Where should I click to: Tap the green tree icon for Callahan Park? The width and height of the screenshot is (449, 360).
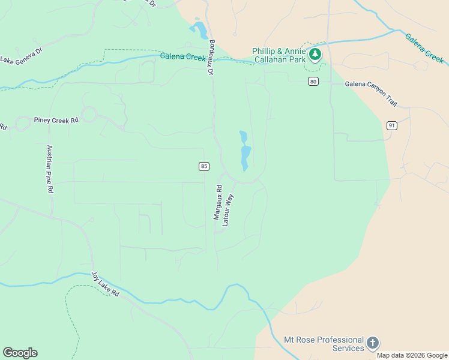(x=315, y=55)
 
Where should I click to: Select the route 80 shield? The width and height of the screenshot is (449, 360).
(x=313, y=82)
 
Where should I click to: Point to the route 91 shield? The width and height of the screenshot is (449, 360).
(x=392, y=125)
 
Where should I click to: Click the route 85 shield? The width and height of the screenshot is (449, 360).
(x=205, y=166)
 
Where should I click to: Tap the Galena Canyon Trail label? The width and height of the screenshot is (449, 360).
(x=371, y=94)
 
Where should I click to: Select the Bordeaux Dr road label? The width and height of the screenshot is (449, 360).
(x=211, y=58)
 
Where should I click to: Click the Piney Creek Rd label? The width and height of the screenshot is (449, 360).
(x=56, y=120)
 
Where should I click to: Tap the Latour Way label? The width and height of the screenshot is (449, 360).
(x=228, y=209)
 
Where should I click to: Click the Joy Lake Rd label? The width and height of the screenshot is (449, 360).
(x=106, y=285)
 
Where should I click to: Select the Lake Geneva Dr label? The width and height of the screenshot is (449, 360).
(x=22, y=56)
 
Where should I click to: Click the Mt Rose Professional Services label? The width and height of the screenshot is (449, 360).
(x=324, y=344)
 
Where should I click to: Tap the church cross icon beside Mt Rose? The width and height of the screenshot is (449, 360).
(x=373, y=343)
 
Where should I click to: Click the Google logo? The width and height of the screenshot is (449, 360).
(x=20, y=353)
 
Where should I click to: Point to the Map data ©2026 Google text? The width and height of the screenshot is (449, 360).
(x=412, y=355)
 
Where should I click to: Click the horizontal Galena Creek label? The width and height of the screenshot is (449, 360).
(x=183, y=57)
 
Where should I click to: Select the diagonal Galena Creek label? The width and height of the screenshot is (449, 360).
(x=424, y=48)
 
